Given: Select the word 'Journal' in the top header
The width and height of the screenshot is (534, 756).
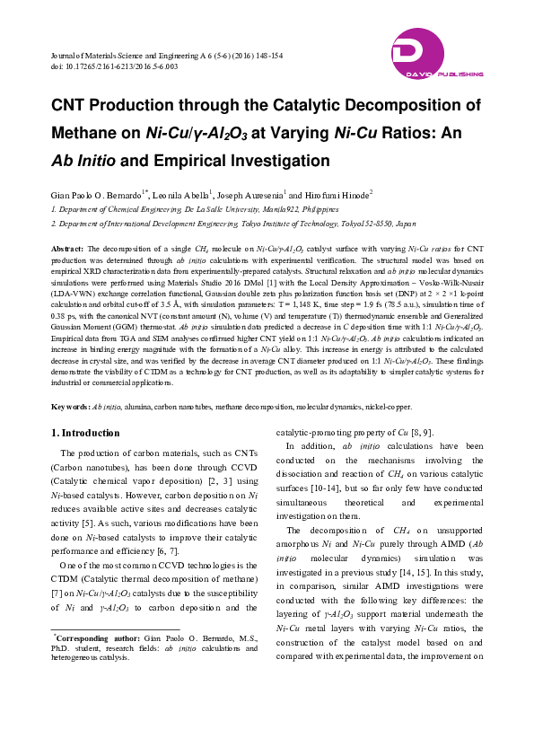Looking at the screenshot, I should (x=59, y=56).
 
